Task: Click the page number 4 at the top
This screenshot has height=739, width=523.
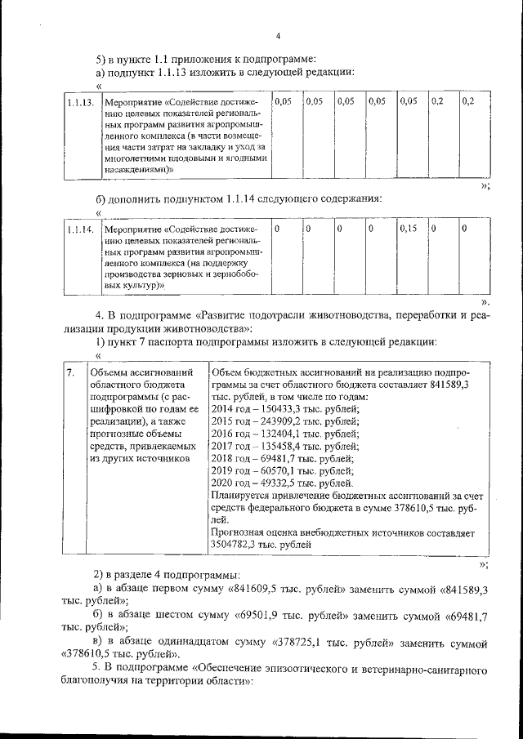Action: click(278, 35)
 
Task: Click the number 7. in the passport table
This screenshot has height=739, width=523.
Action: click(70, 372)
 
